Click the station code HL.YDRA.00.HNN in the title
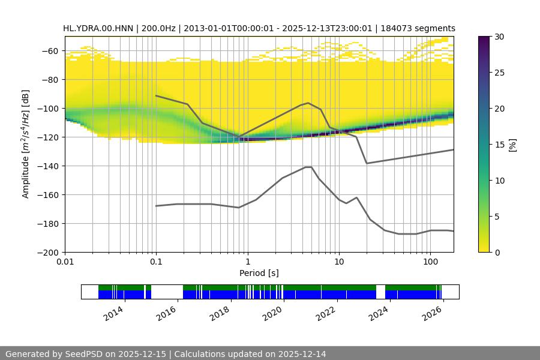click(x=100, y=28)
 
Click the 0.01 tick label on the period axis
click(x=65, y=262)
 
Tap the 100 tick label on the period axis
click(x=430, y=262)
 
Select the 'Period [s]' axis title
click(x=259, y=273)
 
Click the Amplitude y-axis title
click(x=25, y=144)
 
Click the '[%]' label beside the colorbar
click(x=512, y=145)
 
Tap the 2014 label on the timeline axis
click(x=113, y=313)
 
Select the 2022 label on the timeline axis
click(x=325, y=313)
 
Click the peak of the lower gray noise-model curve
click(x=308, y=167)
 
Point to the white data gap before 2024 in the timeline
click(x=380, y=292)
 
